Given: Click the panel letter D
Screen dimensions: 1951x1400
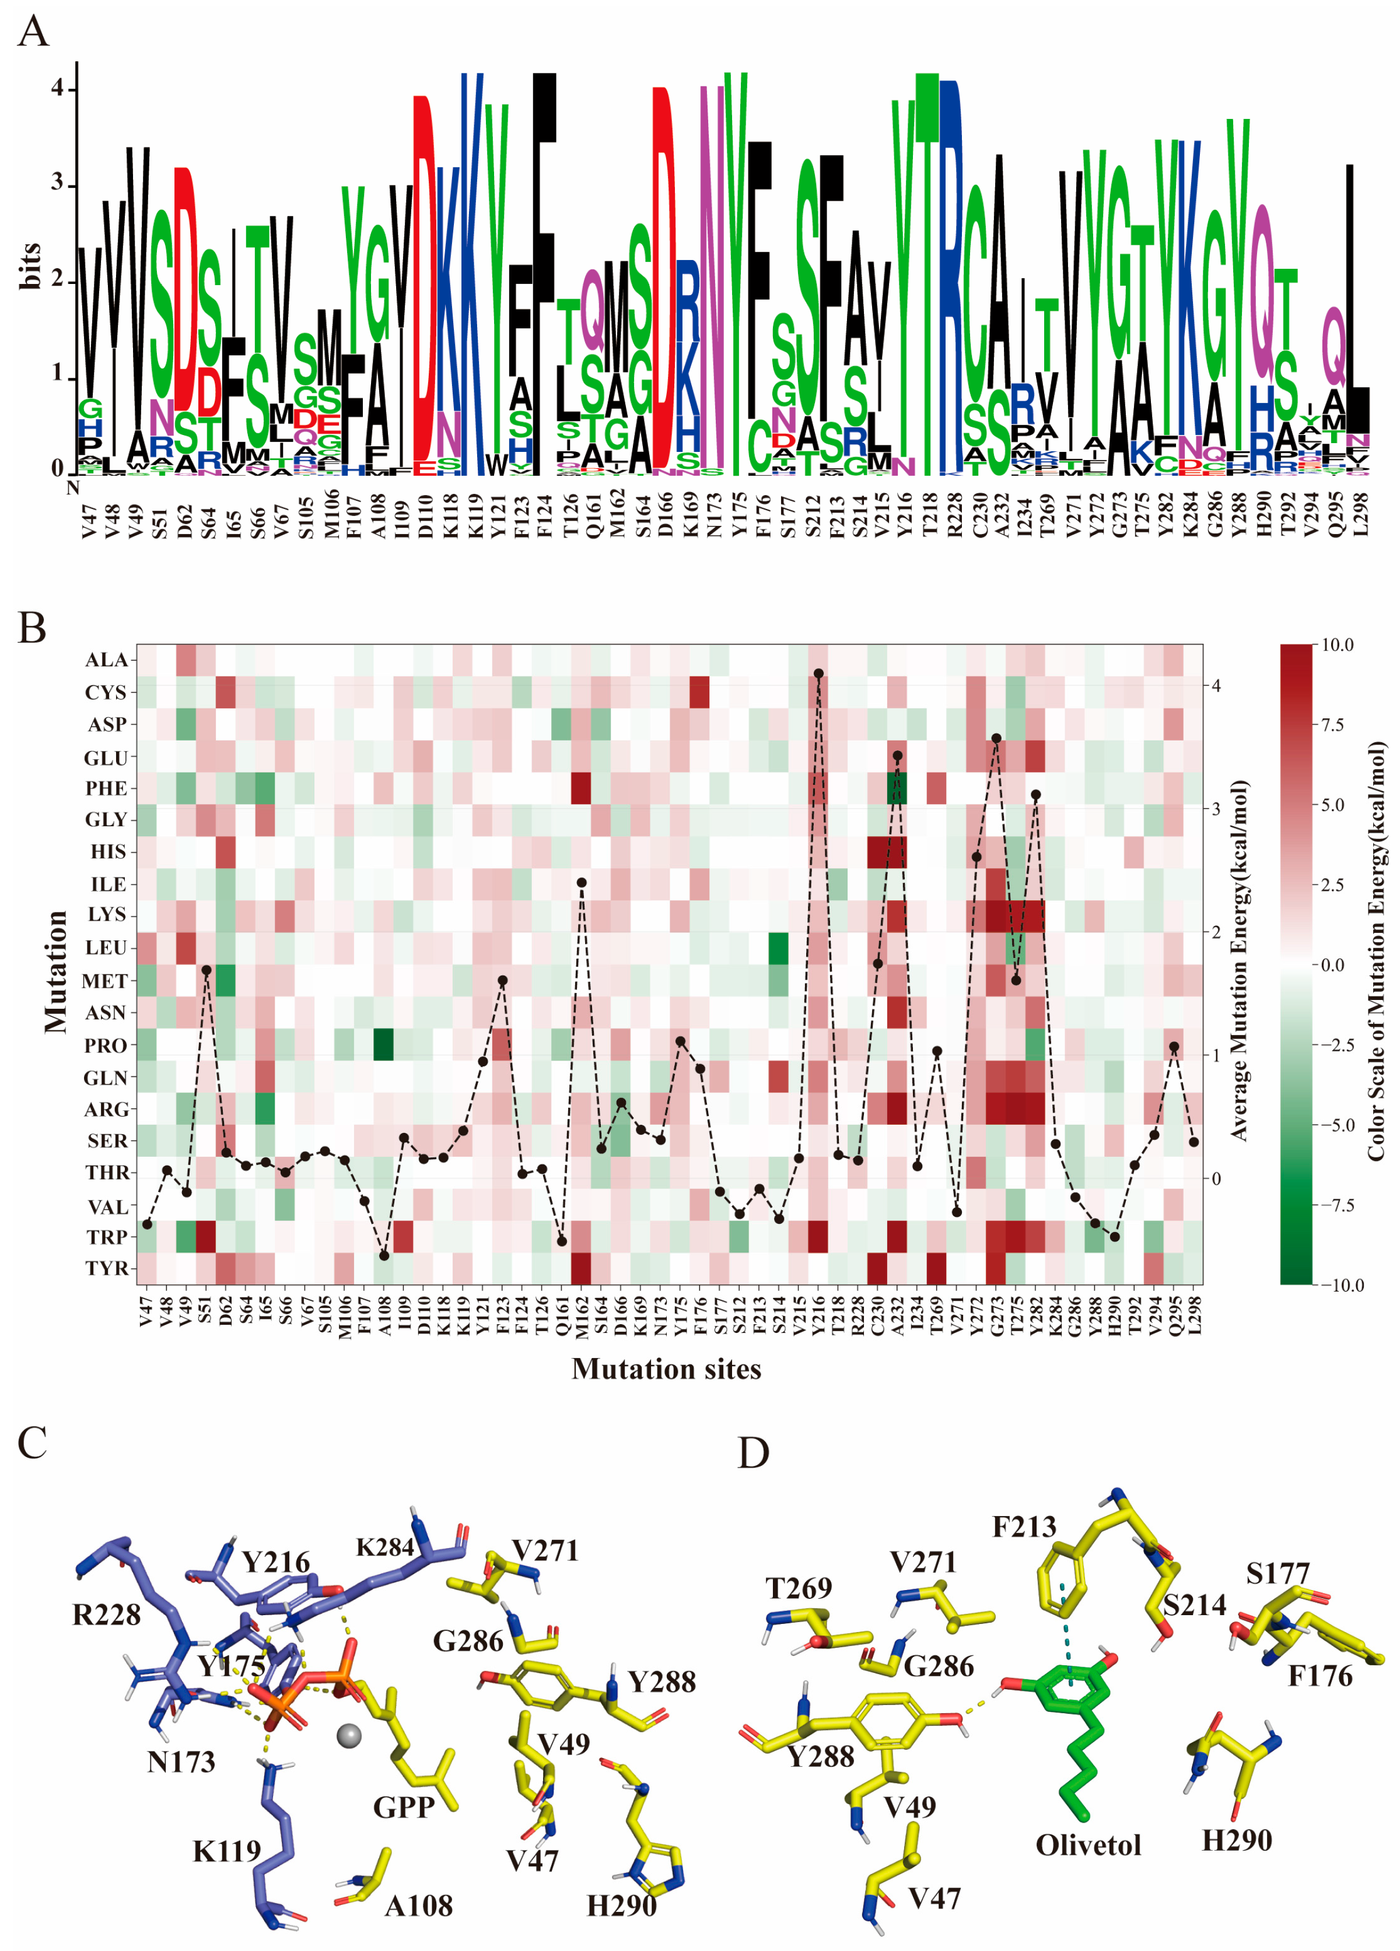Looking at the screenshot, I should [x=753, y=1453].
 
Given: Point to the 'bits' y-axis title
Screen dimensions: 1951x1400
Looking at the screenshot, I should [x=30, y=265].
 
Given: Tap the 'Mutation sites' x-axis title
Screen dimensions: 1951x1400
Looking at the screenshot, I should [x=666, y=1368].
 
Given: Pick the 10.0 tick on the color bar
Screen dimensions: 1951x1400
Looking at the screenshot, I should [x=1337, y=645].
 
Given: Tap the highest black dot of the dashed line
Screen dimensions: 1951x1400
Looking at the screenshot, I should [x=819, y=673].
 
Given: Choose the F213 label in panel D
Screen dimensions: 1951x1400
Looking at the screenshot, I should [x=1024, y=1527].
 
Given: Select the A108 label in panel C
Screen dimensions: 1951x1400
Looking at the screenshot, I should [x=418, y=1906].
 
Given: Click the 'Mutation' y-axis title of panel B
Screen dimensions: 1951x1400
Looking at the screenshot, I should [x=56, y=971].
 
